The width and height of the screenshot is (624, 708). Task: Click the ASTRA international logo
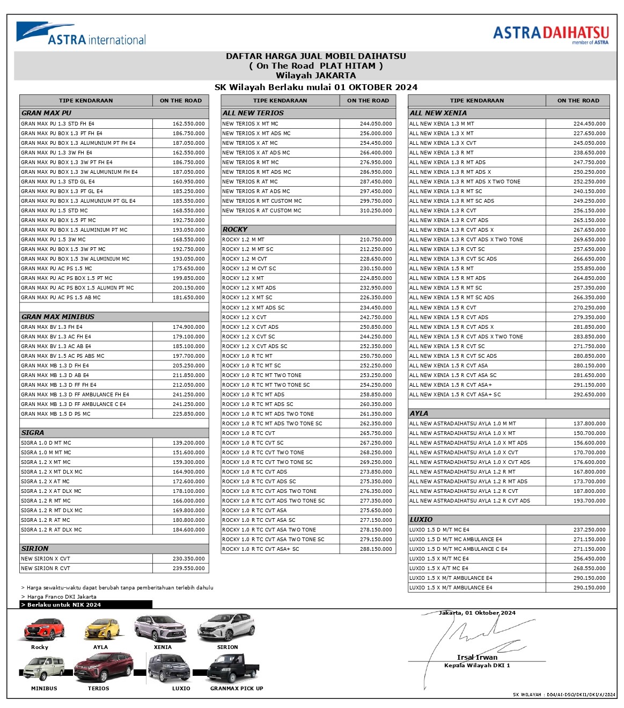click(80, 33)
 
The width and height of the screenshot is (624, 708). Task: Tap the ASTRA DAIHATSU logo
click(550, 34)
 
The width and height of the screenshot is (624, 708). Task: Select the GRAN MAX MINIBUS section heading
click(58, 317)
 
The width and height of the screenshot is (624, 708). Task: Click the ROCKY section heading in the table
click(235, 230)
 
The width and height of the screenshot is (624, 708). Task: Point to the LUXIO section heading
click(421, 520)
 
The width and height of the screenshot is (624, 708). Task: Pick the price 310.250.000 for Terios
click(376, 211)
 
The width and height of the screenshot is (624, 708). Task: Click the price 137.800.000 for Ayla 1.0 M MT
click(589, 424)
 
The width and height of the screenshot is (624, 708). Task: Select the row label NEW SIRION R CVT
click(46, 569)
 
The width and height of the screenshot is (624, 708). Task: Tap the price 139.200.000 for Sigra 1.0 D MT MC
click(188, 443)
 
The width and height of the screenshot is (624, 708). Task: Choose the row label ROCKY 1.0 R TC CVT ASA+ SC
click(261, 549)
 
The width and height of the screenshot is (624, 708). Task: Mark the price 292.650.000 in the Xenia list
click(589, 395)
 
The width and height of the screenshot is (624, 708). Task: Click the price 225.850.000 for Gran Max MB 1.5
click(188, 414)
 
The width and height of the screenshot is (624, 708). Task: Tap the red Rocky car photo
click(43, 629)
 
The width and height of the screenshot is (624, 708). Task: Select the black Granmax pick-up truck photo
click(234, 669)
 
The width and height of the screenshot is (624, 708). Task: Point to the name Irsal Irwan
click(477, 658)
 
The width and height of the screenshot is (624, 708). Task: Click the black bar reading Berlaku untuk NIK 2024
click(86, 604)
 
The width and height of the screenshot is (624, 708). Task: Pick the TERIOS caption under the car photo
click(98, 689)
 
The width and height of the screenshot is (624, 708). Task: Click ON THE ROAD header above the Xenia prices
click(578, 100)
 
